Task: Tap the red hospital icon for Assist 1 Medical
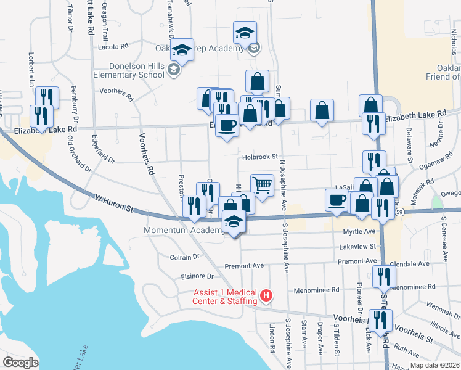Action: pos(266,296)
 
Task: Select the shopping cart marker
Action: pos(262,184)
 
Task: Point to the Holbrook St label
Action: pos(261,157)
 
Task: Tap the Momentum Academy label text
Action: pos(183,231)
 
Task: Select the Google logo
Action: pos(20,362)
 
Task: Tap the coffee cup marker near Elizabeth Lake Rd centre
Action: pos(227,125)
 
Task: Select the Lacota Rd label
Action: pos(112,46)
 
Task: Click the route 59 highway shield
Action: pos(400,212)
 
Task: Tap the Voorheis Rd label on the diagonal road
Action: pos(146,154)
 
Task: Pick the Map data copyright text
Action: pos(434,365)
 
